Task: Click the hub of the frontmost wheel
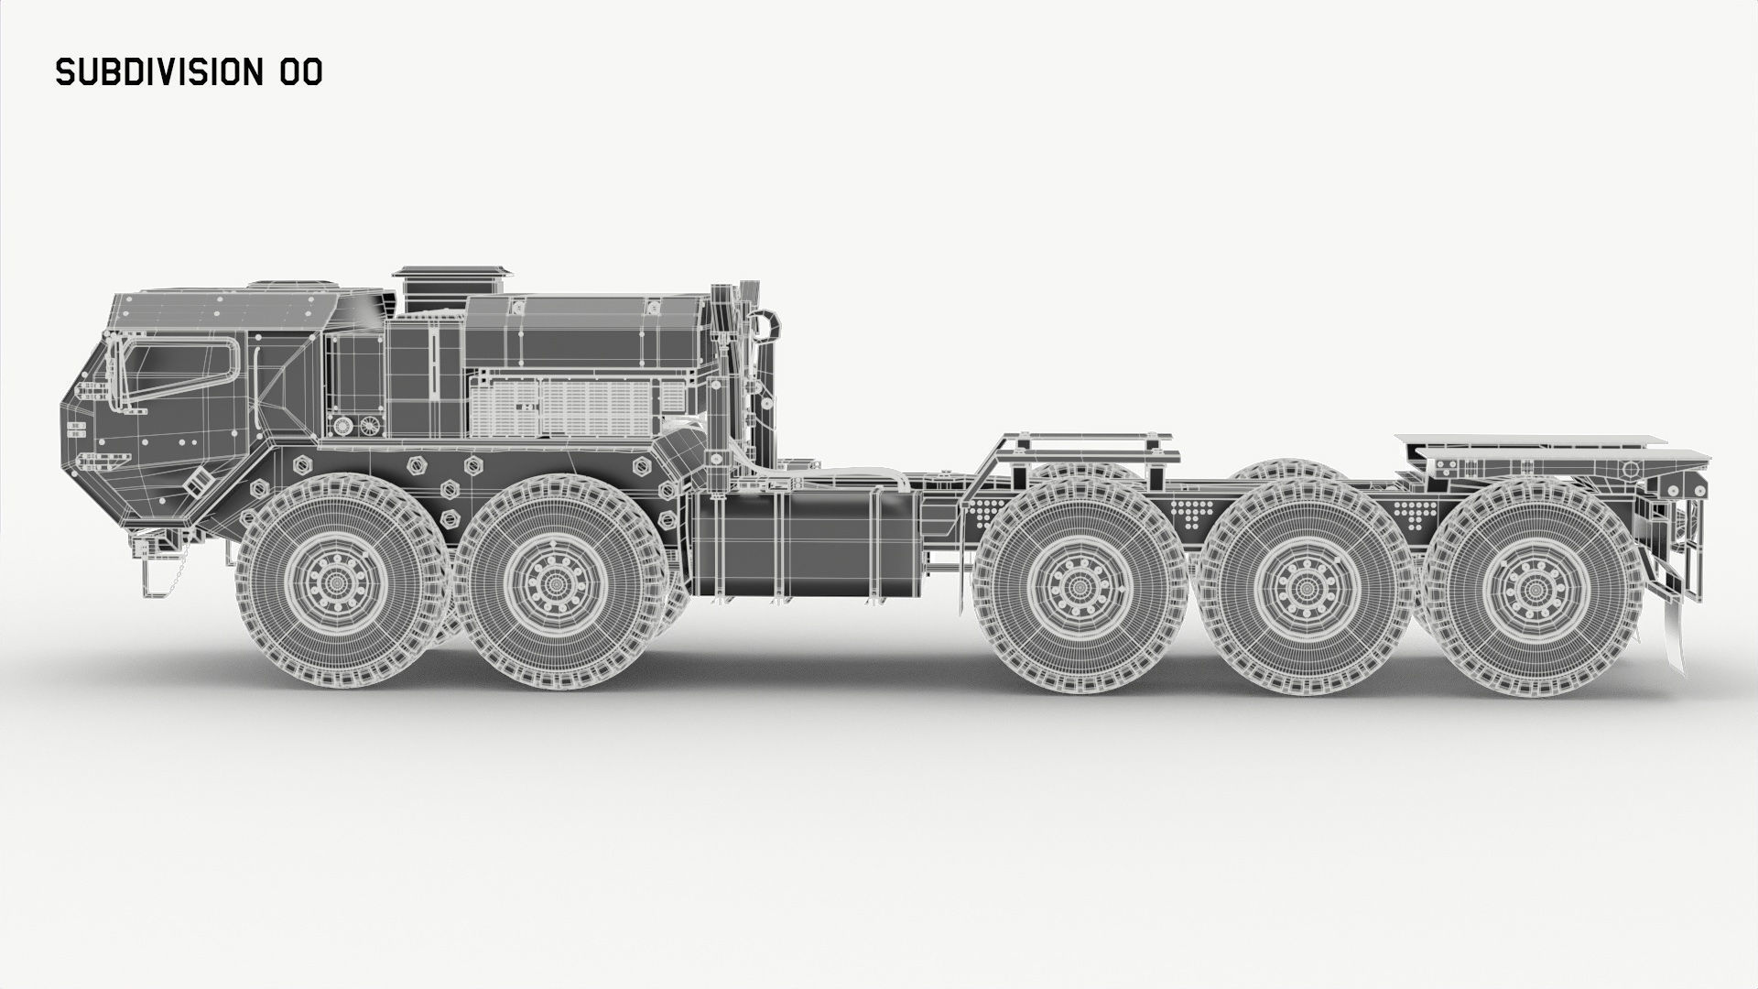coord(337,582)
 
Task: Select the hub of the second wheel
coord(556,583)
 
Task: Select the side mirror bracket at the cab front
coord(114,375)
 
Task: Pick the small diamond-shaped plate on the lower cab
coord(195,482)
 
